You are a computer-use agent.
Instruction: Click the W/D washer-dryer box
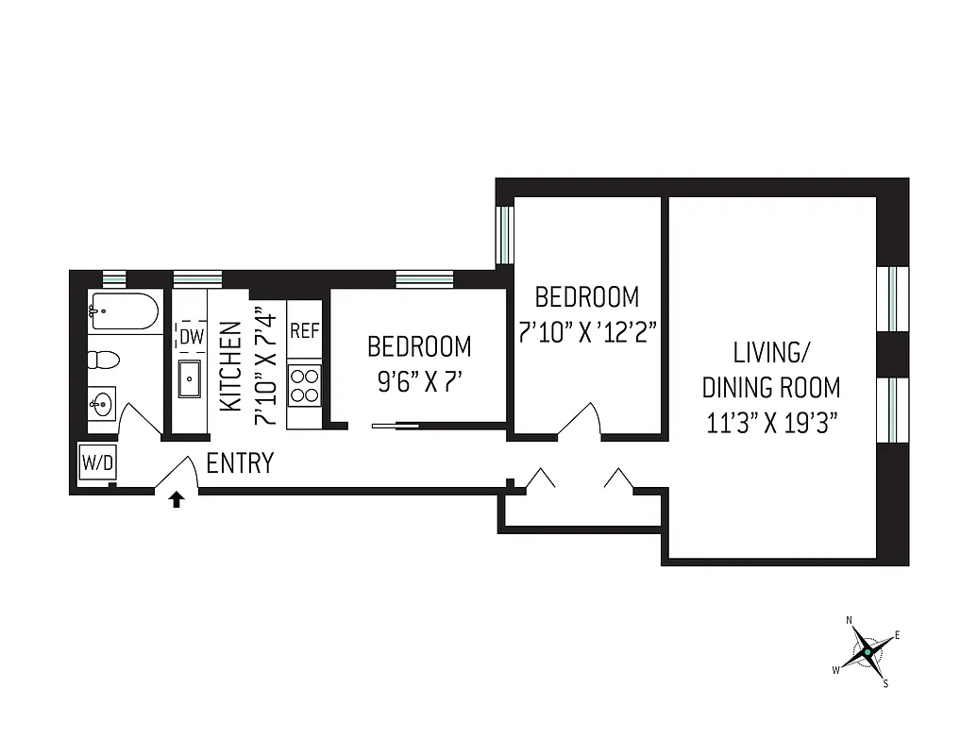95,462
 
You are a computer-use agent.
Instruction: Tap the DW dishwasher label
191,336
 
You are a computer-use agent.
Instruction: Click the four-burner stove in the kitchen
305,386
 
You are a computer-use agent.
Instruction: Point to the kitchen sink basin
191,379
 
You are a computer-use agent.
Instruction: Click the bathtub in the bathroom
124,311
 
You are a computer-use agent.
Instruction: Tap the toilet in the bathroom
102,361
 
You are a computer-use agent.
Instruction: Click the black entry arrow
176,499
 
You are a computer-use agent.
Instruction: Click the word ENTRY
240,463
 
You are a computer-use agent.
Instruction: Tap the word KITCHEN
229,367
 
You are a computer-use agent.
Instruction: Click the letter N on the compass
850,620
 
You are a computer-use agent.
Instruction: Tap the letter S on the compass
885,684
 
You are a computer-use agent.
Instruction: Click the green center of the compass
867,651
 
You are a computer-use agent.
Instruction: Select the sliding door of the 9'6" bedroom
396,427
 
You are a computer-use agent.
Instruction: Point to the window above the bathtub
113,277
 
